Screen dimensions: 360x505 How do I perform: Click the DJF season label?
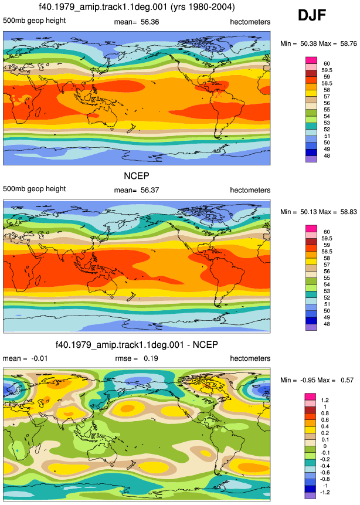312,15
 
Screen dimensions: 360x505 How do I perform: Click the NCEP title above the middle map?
137,176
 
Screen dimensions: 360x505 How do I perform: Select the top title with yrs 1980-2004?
137,7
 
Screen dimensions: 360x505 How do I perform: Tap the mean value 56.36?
150,22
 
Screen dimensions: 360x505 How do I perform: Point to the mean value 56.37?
150,190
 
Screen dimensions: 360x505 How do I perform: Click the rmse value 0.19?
151,358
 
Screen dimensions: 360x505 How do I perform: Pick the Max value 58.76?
349,43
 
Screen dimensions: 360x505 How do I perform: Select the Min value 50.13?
308,212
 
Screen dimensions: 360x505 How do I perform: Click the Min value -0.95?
308,380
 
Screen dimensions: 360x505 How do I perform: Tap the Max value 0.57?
347,380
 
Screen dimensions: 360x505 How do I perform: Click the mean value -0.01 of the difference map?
39,358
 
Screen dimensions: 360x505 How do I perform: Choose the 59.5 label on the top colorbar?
327,70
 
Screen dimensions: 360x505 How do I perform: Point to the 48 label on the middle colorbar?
327,324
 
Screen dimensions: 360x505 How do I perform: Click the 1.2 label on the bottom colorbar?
325,401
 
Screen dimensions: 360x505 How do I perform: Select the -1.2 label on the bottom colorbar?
325,493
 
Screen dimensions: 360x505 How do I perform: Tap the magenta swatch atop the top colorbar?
311,60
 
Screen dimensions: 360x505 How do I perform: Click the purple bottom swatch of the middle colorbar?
311,327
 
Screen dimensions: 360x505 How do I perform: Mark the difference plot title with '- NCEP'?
137,345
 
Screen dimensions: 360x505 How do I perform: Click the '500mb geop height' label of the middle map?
35,189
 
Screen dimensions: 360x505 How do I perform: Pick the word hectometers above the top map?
250,22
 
